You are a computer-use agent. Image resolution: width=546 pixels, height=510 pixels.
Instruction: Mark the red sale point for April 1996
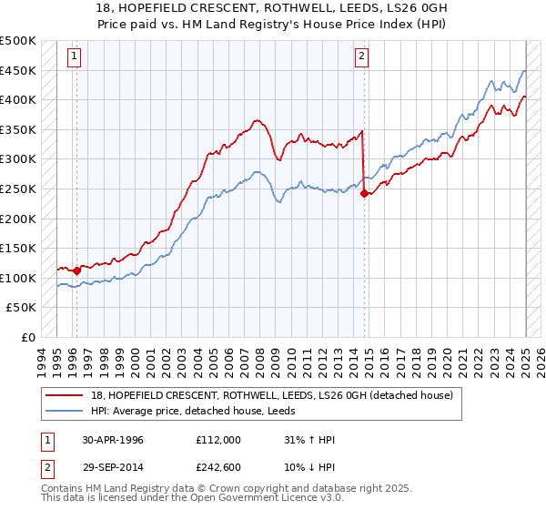coord(76,270)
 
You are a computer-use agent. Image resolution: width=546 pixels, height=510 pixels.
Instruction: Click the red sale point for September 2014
coord(364,193)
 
